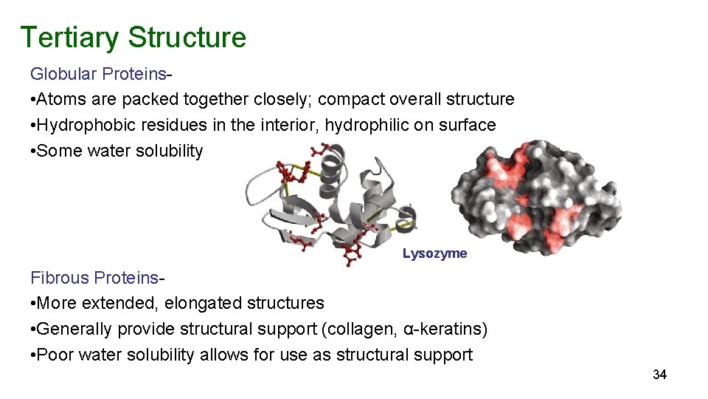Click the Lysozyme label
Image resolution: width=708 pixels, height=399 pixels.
pyautogui.click(x=434, y=253)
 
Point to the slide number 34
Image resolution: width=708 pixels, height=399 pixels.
pyautogui.click(x=659, y=375)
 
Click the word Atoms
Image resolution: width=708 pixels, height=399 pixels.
pyautogui.click(x=58, y=99)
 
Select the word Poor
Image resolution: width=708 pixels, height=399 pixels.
pyautogui.click(x=55, y=355)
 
